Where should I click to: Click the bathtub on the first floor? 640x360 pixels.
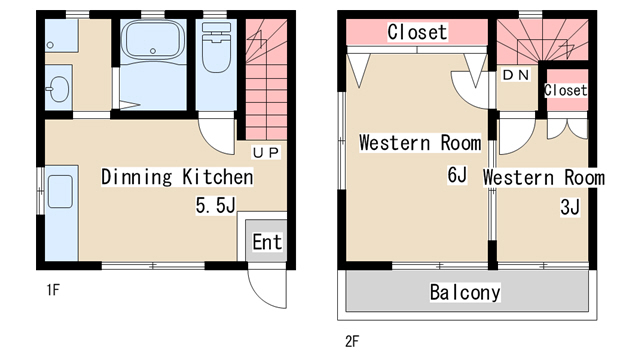152,41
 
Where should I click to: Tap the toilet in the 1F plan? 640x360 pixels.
216,47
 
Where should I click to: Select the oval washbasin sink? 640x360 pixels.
59,89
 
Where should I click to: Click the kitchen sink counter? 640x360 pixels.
61,213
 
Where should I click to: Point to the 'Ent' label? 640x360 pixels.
267,242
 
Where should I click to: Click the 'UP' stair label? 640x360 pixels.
266,153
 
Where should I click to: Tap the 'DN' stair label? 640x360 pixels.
516,75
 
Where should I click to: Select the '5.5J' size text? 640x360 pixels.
216,205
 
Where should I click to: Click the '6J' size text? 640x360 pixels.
457,175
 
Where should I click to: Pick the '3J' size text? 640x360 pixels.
570,207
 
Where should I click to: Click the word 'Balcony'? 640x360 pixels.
465,292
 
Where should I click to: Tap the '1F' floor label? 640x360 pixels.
53,290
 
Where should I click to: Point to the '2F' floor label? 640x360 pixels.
352,341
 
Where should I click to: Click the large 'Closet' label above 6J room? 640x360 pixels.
417,32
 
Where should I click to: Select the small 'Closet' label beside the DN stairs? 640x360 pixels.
566,90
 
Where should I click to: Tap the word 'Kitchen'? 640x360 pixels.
218,177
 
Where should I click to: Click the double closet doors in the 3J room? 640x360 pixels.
567,129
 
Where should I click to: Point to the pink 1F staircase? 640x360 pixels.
266,79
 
